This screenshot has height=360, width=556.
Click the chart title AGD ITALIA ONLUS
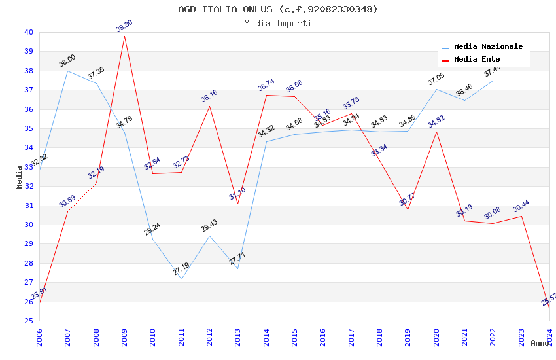tap(278, 9)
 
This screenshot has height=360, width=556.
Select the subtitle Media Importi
tap(278, 24)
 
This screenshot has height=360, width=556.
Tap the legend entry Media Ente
tap(477, 60)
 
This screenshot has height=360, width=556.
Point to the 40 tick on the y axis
tap(29, 32)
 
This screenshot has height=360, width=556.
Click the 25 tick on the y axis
tap(29, 321)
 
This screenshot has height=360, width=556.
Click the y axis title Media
tap(20, 177)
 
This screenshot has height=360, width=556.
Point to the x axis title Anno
tap(540, 343)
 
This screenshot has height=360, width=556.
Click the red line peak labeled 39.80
tap(124, 36)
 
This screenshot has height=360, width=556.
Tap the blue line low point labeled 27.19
tap(181, 279)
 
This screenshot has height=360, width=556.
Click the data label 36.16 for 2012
tap(209, 96)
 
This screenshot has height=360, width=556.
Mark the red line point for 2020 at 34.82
tap(436, 132)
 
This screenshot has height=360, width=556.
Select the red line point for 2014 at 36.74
tap(266, 95)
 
